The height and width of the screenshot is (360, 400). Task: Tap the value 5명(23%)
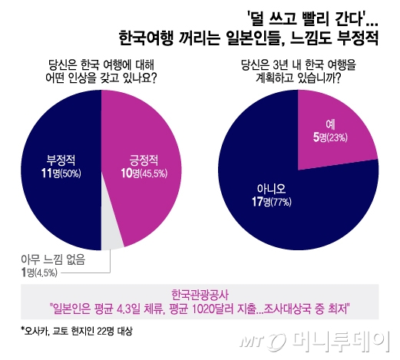point(328,137)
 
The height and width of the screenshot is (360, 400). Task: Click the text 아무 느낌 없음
point(51,259)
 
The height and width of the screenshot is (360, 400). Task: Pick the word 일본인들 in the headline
point(253,36)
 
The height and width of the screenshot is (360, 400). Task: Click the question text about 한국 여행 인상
point(101,71)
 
